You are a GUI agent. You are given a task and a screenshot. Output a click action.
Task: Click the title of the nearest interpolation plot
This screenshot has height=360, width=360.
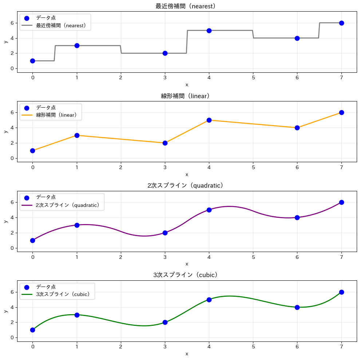click(x=187, y=6)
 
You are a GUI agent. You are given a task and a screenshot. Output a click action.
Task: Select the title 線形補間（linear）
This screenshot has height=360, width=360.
click(x=187, y=96)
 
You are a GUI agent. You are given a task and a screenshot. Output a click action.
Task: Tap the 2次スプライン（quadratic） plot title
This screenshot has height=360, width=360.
click(x=187, y=185)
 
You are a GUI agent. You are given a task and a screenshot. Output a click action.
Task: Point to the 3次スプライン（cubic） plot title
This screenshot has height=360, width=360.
click(x=187, y=275)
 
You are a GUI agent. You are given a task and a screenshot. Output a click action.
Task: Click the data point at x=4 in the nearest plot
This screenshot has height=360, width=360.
click(x=209, y=31)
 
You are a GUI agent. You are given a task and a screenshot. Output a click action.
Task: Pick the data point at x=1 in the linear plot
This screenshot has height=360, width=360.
click(x=77, y=135)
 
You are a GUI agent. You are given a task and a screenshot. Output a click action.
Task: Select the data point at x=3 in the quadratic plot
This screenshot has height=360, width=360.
click(x=165, y=233)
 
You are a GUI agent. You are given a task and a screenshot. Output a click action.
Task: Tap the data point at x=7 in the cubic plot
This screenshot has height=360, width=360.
click(x=341, y=292)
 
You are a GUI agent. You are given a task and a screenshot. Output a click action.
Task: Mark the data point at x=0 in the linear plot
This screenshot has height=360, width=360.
click(x=32, y=151)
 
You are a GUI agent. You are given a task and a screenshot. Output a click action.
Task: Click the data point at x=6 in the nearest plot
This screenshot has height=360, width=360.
click(x=297, y=38)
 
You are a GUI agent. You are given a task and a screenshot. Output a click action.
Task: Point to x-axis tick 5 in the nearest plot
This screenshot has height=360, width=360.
click(x=253, y=77)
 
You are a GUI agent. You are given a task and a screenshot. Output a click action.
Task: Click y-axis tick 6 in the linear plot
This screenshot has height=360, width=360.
click(x=12, y=113)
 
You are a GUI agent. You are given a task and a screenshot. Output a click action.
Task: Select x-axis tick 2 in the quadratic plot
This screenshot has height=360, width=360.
click(x=121, y=257)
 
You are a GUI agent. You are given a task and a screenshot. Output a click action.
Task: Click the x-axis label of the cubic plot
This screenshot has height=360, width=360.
click(x=187, y=354)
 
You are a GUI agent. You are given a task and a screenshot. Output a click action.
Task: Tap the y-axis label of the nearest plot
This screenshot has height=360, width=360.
click(x=5, y=41)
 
